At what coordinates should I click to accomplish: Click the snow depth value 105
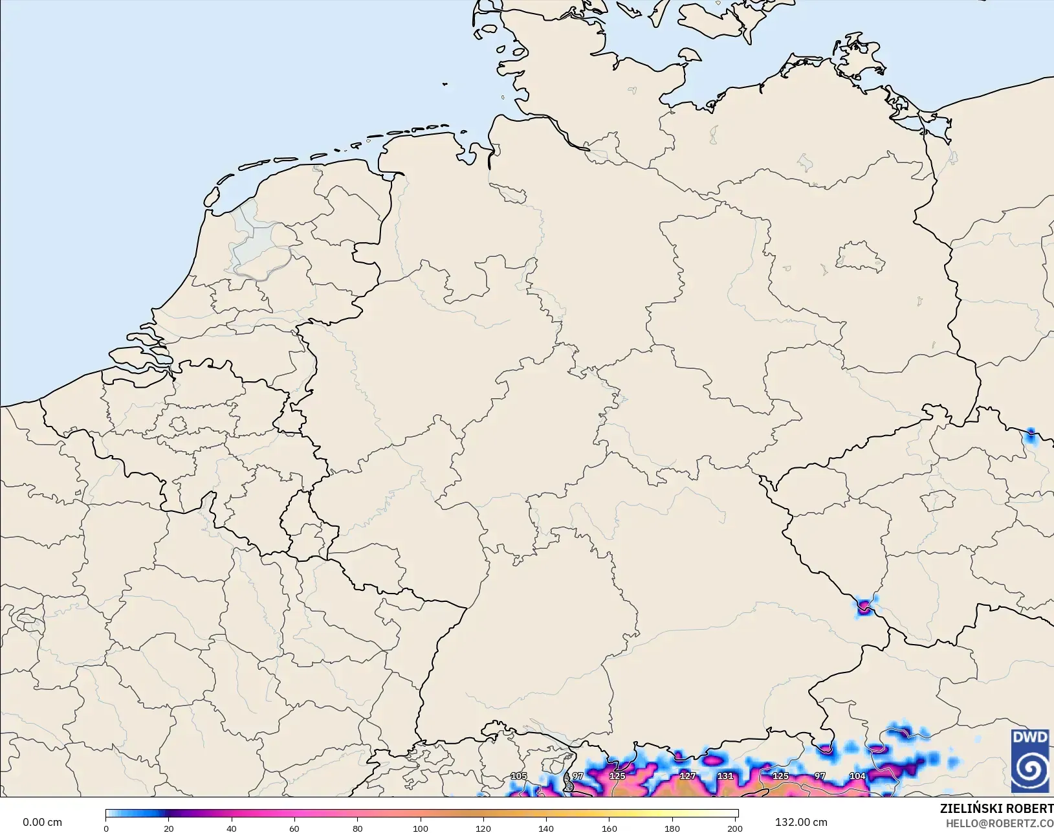[x=519, y=776]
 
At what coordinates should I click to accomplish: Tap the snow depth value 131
[x=725, y=776]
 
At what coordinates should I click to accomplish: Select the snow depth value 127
[x=688, y=776]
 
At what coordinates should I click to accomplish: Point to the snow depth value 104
[x=857, y=776]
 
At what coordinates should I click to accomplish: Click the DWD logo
[x=1030, y=761]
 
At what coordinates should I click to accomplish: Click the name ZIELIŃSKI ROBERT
[x=996, y=809]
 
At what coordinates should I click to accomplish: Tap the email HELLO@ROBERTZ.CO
[x=1000, y=823]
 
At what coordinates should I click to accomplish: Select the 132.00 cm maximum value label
[x=801, y=822]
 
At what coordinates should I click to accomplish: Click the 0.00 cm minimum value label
[x=43, y=822]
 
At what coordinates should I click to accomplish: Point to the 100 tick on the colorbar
[x=421, y=828]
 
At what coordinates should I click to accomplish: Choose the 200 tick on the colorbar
[x=734, y=828]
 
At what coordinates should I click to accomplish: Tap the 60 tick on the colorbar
[x=294, y=828]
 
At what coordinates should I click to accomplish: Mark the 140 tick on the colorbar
[x=546, y=828]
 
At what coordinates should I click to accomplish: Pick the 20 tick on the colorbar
[x=169, y=828]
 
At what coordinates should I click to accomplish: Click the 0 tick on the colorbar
[x=106, y=828]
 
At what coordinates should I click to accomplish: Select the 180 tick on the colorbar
[x=672, y=828]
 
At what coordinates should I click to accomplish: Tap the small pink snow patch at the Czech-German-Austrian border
[x=864, y=607]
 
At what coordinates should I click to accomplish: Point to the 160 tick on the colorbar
[x=609, y=828]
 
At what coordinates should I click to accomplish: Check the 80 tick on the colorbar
[x=358, y=828]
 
